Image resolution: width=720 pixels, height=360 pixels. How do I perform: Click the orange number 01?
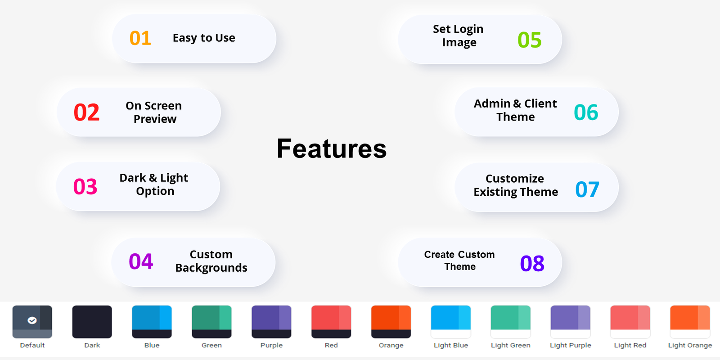(140, 38)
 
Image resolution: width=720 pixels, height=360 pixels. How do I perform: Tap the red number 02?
(86, 112)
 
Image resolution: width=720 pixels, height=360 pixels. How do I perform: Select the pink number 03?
(85, 187)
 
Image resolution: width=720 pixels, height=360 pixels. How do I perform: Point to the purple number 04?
(141, 261)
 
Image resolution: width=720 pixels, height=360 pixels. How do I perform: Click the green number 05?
(529, 40)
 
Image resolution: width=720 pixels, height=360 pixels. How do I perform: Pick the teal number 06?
(586, 112)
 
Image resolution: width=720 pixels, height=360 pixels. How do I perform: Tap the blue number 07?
(587, 189)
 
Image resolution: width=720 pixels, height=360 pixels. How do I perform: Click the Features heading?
(331, 148)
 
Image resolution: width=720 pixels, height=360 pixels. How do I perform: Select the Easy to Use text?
(204, 38)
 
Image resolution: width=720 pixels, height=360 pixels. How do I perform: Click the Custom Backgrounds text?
(211, 261)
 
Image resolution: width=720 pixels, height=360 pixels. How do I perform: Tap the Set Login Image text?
(459, 36)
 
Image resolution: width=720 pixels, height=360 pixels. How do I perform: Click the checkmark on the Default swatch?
(32, 320)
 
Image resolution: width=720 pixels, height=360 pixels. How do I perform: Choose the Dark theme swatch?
(92, 322)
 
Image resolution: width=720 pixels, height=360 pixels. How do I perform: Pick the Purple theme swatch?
(271, 322)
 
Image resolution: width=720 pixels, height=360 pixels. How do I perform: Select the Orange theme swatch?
(391, 322)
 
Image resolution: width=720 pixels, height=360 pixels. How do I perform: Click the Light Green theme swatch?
(510, 322)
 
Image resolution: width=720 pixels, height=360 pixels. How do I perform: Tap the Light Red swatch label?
(630, 345)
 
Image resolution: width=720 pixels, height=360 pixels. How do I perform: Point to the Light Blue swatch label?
(450, 345)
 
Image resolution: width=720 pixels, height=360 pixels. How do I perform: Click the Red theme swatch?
(331, 322)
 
